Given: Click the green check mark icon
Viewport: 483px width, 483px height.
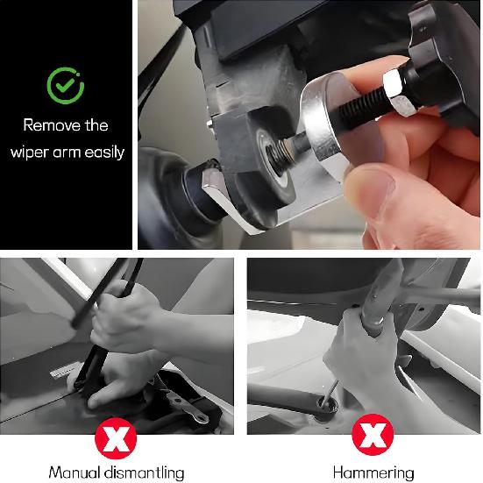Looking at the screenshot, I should pyautogui.click(x=67, y=85).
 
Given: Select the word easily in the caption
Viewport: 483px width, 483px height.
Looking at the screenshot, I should pyautogui.click(x=103, y=152).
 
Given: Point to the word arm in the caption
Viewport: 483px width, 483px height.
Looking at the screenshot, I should pyautogui.click(x=68, y=152).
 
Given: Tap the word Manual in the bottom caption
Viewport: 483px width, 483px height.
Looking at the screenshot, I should pyautogui.click(x=75, y=472).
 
